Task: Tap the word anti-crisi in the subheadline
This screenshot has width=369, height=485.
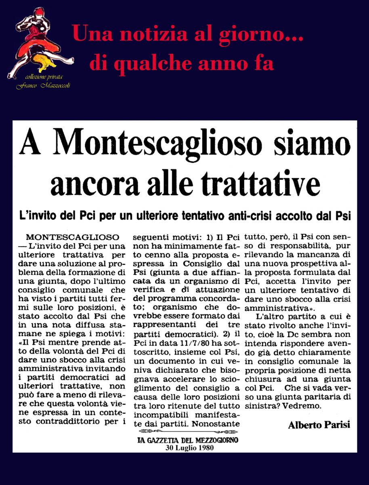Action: click(x=250, y=216)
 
